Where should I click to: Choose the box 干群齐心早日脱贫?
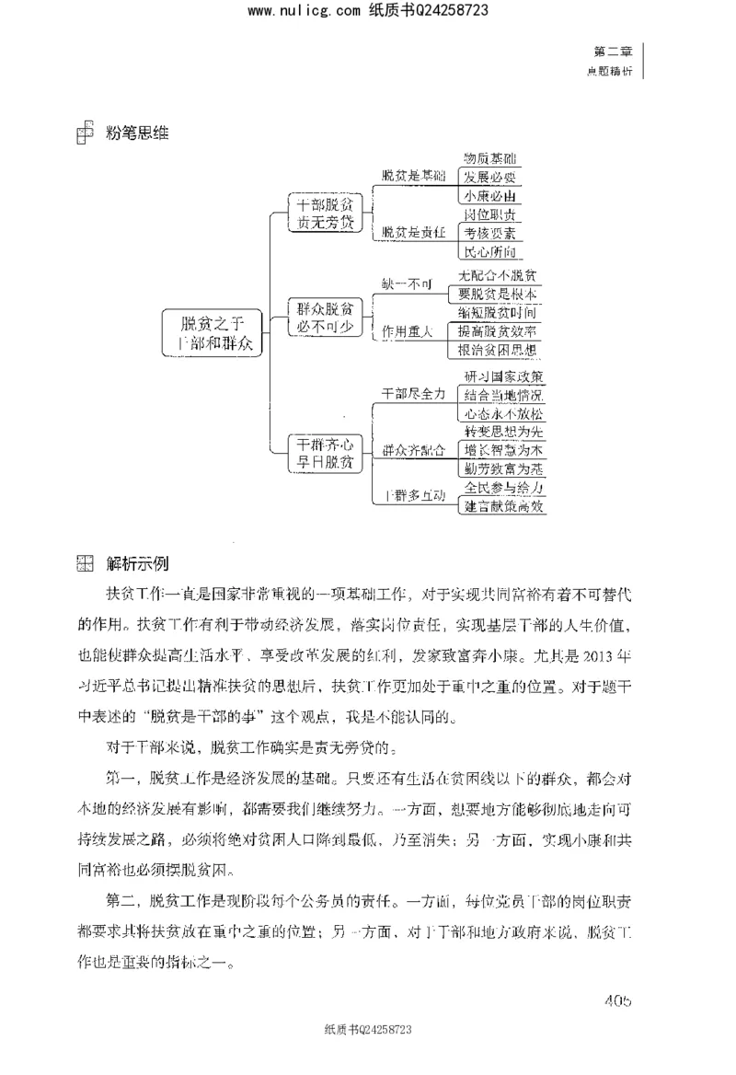(x=321, y=452)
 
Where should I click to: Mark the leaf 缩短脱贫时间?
(x=498, y=313)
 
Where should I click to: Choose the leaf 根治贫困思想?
(x=498, y=351)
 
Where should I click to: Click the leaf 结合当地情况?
(x=503, y=395)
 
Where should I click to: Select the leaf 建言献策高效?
(x=505, y=505)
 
